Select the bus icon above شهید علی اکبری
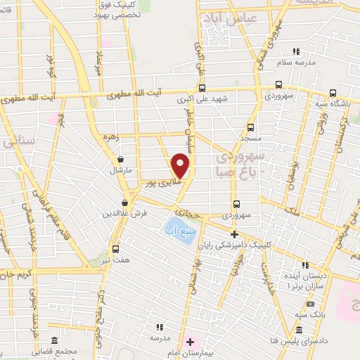tap(202, 88)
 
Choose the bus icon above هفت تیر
tap(115, 249)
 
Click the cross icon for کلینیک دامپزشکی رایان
tap(235, 234)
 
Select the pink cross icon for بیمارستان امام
tap(190, 340)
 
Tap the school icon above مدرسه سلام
tap(296, 51)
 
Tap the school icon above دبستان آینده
tap(305, 265)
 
